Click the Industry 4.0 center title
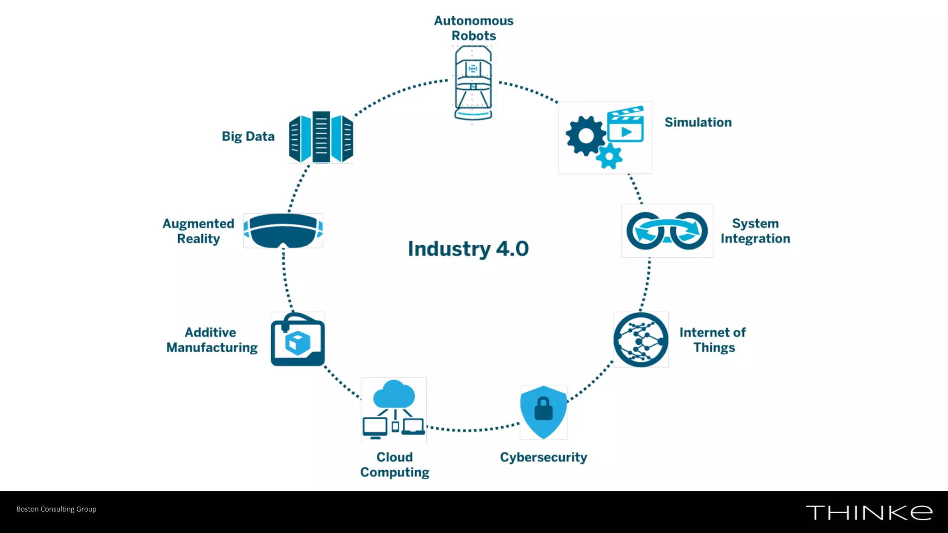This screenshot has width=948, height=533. tap(468, 249)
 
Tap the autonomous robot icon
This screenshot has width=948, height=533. tap(473, 83)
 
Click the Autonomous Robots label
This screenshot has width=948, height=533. tap(474, 28)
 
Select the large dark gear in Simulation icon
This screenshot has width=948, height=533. tap(586, 136)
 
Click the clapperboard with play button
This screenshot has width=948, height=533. tap(625, 125)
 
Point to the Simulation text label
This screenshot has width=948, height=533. tap(698, 123)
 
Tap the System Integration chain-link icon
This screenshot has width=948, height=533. tap(667, 231)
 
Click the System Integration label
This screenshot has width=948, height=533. tap(755, 231)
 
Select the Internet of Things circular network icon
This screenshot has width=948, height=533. tap(641, 340)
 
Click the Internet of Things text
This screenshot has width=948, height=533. tap(713, 340)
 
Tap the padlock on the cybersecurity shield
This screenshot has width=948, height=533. tap(543, 409)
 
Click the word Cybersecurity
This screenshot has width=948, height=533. tap(543, 457)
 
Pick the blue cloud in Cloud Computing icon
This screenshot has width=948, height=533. tap(394, 394)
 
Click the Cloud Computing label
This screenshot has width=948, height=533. tap(394, 465)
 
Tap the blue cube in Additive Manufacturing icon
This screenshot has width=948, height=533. tap(297, 343)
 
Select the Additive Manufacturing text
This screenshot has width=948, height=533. tap(212, 340)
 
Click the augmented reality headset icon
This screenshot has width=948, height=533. tap(283, 230)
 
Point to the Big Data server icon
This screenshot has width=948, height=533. tap(321, 137)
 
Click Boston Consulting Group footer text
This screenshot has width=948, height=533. tap(56, 509)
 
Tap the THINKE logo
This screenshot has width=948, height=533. tap(869, 513)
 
